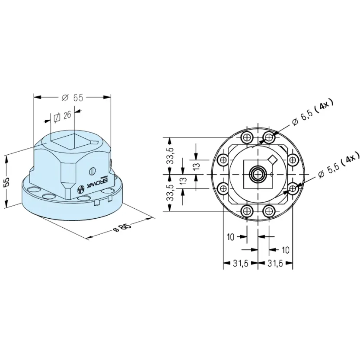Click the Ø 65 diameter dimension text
72,98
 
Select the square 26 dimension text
63,116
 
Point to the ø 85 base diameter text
122,227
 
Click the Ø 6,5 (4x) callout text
313,113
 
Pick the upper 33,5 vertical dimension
171,156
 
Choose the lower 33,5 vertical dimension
171,193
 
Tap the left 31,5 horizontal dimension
241,263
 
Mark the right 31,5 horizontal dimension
275,263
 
